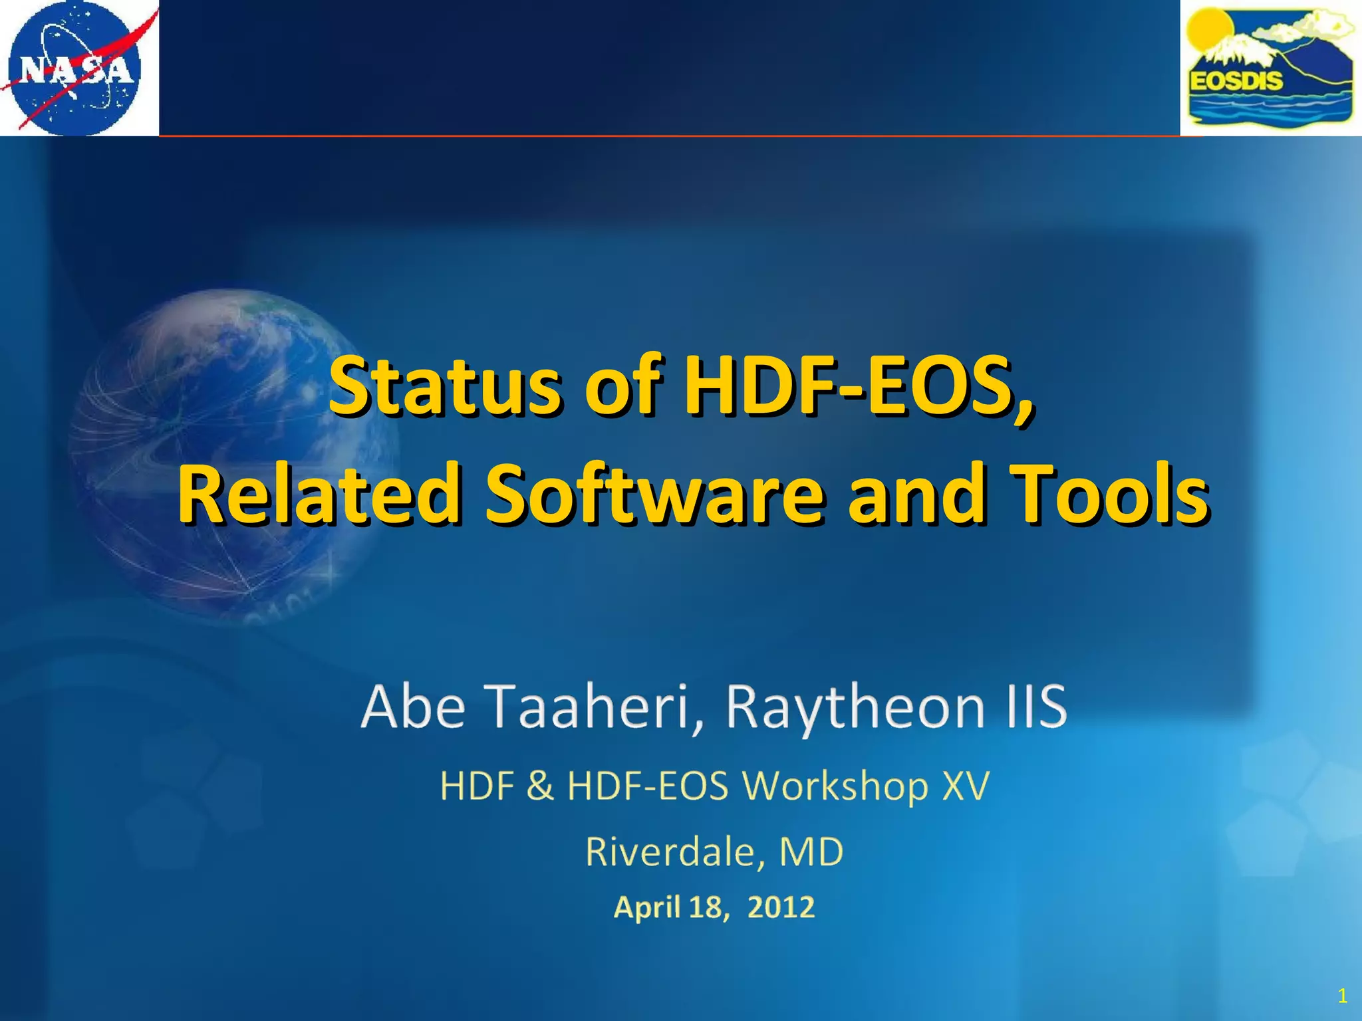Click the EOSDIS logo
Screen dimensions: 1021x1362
coord(1271,68)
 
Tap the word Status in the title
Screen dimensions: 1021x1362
coord(445,386)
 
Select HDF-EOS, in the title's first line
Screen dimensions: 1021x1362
coord(859,386)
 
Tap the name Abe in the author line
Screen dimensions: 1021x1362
coord(413,706)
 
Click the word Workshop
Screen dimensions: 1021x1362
coord(835,787)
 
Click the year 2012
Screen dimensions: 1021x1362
coord(781,907)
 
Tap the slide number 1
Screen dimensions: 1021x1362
coord(1342,995)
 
